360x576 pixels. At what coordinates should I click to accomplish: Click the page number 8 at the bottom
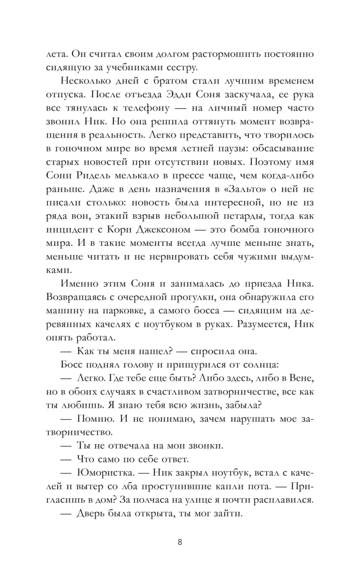pyautogui.click(x=180, y=542)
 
